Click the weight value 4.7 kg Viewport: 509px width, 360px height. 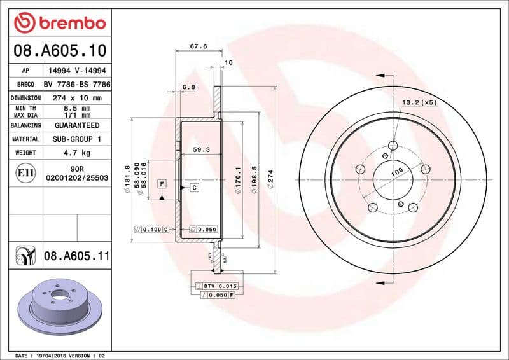[77, 153]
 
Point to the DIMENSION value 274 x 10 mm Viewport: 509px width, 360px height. [77, 99]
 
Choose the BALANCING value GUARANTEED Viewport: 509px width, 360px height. [77, 126]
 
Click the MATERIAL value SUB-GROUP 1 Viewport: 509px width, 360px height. [77, 139]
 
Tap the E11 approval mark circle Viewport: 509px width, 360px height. [25, 173]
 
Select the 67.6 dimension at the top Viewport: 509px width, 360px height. [199, 46]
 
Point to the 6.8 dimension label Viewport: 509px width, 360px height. [188, 87]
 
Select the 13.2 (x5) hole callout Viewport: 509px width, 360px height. [419, 102]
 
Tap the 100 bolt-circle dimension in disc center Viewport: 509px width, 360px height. [398, 172]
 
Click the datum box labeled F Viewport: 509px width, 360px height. [162, 184]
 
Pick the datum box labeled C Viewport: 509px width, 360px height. [193, 187]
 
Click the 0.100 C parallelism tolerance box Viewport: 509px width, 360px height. [151, 229]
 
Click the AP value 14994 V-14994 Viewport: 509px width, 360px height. [77, 71]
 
